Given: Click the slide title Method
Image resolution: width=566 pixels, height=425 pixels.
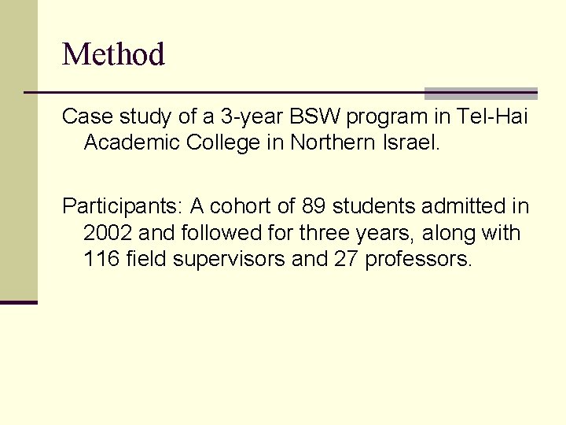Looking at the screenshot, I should [x=113, y=54].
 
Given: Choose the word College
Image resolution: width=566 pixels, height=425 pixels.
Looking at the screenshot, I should [x=207, y=142].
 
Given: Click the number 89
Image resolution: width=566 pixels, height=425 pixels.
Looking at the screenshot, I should [x=314, y=207].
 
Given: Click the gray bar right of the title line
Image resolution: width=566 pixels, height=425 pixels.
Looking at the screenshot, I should [x=480, y=94].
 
